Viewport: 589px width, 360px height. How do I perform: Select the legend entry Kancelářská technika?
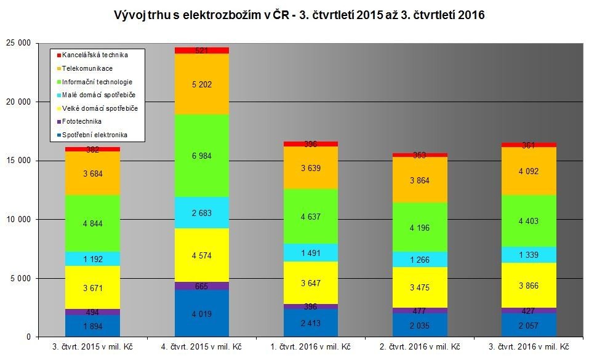(x=98, y=55)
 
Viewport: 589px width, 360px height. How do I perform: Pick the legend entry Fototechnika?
(x=82, y=122)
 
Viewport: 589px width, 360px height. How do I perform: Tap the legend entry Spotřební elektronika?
(x=95, y=135)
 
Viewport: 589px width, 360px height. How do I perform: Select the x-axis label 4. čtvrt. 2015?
(x=202, y=347)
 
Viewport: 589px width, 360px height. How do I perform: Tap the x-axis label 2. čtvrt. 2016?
(x=421, y=347)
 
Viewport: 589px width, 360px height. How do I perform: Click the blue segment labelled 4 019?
(x=202, y=313)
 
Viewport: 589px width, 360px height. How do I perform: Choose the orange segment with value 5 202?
(x=202, y=84)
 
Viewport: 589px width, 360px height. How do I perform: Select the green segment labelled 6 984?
(x=202, y=156)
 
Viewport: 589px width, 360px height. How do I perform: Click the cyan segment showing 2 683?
(x=202, y=213)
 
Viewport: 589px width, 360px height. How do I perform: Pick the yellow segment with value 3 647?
(x=311, y=282)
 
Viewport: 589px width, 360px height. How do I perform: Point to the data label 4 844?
(x=92, y=223)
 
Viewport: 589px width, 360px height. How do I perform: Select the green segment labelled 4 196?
(x=421, y=226)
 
